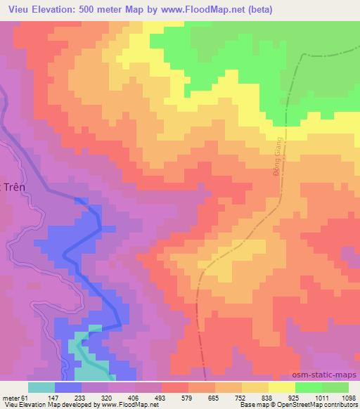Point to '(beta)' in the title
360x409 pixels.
(x=256, y=10)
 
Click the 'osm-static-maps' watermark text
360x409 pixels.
(x=329, y=376)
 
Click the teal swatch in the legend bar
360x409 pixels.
(x=41, y=387)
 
